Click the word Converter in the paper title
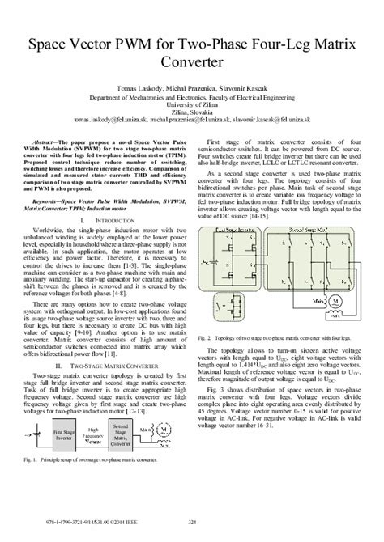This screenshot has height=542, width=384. [191, 61]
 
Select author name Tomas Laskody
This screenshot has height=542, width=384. [136, 86]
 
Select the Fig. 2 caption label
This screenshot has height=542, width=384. [207, 337]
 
